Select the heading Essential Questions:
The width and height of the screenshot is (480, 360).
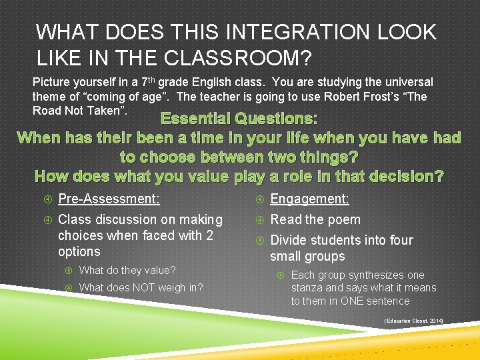[x=239, y=119]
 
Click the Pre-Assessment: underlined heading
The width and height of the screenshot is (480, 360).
[x=109, y=199]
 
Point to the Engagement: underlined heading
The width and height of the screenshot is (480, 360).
[x=309, y=199]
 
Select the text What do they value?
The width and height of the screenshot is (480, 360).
[x=127, y=270]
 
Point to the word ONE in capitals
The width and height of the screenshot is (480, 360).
[x=352, y=301]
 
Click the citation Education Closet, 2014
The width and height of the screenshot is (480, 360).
[x=413, y=321]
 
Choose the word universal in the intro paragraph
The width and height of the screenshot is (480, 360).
[x=410, y=82]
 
